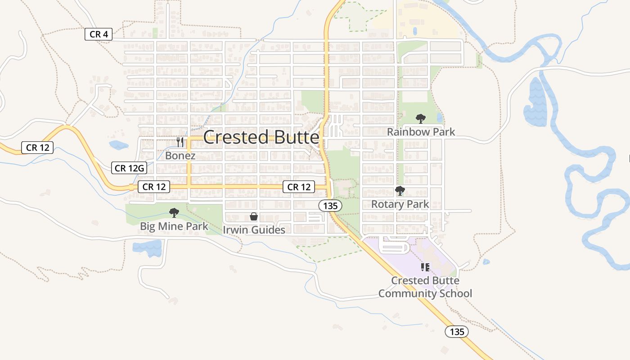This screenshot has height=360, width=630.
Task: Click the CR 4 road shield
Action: [99, 34]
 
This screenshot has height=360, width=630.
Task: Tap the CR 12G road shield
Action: [129, 168]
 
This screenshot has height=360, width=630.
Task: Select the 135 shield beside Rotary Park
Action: [330, 206]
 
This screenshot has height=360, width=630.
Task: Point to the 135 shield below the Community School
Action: [457, 332]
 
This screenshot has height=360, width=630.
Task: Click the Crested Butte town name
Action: [261, 137]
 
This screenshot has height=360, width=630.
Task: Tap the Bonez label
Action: [180, 156]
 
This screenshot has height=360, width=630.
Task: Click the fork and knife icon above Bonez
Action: [180, 142]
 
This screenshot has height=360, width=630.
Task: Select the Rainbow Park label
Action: [421, 132]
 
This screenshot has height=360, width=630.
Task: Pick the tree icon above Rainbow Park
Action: [420, 119]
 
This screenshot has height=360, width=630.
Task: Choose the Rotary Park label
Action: [400, 204]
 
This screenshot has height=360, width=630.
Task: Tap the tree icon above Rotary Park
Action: [400, 191]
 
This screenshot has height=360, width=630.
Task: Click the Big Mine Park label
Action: [174, 226]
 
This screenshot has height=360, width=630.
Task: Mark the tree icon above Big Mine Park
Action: [174, 213]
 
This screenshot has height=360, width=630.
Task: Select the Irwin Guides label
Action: [254, 230]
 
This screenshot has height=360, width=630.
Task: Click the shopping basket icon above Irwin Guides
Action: [254, 216]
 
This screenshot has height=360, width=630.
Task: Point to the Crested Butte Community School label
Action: [425, 287]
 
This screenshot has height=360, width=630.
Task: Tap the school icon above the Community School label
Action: [425, 267]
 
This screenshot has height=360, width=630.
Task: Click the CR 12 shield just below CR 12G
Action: [154, 187]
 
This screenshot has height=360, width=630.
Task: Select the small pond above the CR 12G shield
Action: [118, 145]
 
